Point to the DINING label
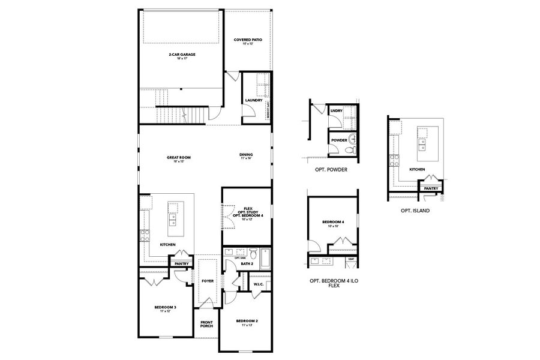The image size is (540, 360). click(246, 155)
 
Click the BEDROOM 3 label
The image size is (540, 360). click(166, 308)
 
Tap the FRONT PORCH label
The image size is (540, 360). click(206, 325)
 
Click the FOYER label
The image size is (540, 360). click(208, 280)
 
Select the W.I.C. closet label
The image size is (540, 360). click(259, 284)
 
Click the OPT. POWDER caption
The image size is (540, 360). click(331, 170)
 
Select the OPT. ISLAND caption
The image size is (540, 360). click(415, 211)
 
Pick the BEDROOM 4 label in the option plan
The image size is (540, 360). click(334, 223)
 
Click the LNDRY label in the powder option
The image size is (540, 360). click(336, 110)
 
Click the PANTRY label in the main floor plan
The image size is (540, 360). click(182, 263)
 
